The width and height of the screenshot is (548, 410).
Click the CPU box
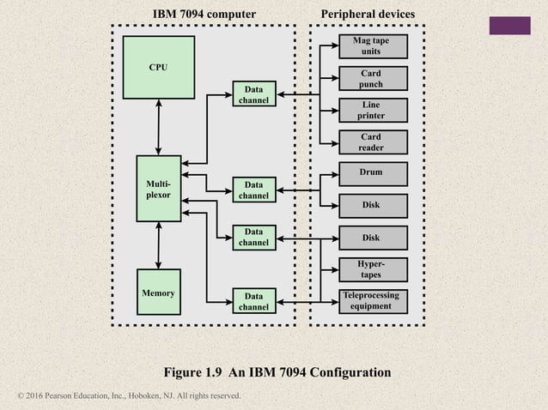pyautogui.click(x=158, y=68)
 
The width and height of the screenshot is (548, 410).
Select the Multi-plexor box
pyautogui.click(x=158, y=188)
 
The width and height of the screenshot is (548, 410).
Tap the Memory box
pyautogui.click(x=158, y=292)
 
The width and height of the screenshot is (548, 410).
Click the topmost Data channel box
pyautogui.click(x=253, y=94)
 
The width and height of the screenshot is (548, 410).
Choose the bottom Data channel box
pyautogui.click(x=253, y=301)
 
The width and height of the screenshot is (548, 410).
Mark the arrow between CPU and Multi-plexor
pyautogui.click(x=158, y=127)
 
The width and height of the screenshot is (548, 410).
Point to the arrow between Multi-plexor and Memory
pyautogui.click(x=158, y=244)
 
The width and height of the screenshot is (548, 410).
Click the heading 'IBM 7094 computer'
pyautogui.click(x=204, y=15)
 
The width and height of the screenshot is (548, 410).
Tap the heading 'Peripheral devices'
pyautogui.click(x=367, y=15)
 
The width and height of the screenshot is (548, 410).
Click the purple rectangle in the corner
pyautogui.click(x=509, y=26)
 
